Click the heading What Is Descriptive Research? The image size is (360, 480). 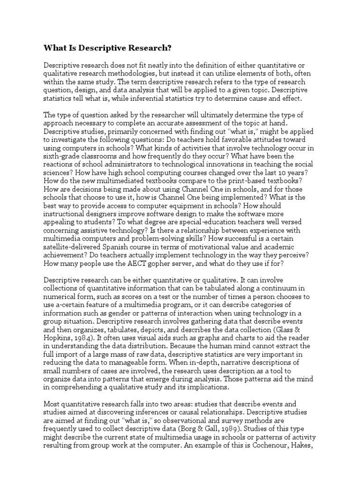[x=107, y=48]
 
